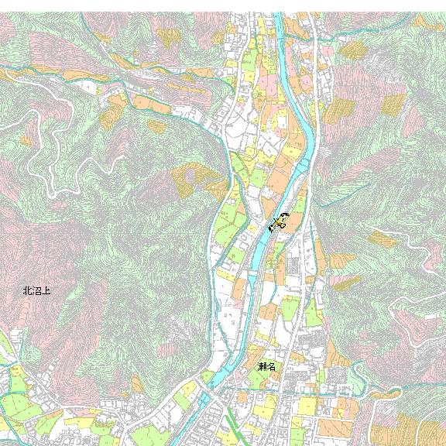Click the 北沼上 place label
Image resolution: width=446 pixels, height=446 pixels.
tap(36, 292)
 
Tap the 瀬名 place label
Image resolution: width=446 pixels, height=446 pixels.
tap(266, 366)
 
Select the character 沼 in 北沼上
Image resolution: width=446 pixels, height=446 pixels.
tap(36, 292)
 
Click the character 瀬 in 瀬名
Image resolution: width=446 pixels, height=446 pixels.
tap(262, 366)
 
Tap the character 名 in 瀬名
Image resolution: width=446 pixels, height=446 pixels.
tap(271, 366)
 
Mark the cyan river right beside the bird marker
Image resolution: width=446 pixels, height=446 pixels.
tap(267, 232)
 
